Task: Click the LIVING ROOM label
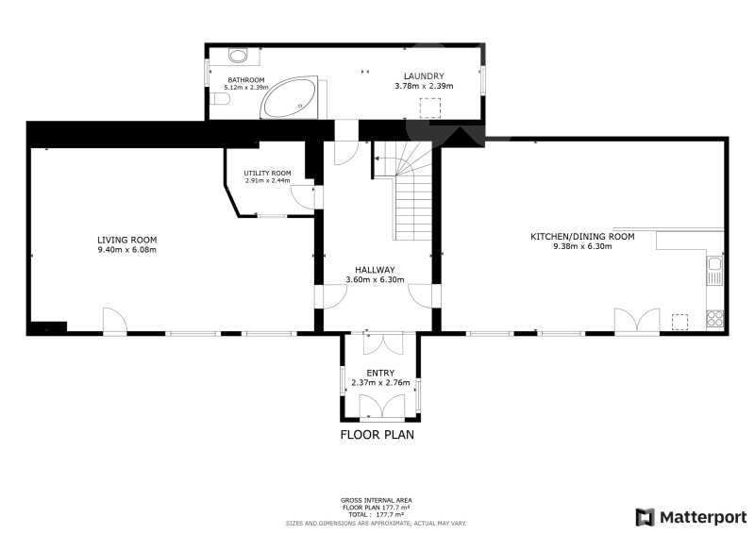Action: [127, 240]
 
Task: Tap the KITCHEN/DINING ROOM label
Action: [582, 237]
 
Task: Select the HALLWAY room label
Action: [375, 270]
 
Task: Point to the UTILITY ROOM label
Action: [267, 174]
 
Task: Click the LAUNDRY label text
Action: [424, 76]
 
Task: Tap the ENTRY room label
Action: [380, 373]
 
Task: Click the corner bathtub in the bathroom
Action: [289, 97]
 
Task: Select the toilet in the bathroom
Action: [221, 100]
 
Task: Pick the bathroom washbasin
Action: [238, 56]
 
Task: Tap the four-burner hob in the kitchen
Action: [715, 319]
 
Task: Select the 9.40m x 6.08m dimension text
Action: [127, 249]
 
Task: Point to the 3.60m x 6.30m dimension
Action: [375, 279]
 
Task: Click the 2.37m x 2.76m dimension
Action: [380, 383]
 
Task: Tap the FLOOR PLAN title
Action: [377, 435]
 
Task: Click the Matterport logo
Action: [692, 517]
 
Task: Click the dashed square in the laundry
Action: [430, 108]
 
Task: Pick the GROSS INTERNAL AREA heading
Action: [376, 500]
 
